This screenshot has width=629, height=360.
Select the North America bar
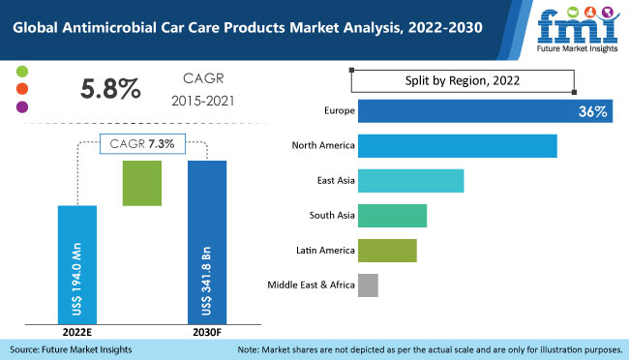coord(457,146)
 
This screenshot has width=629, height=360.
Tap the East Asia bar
coord(410,181)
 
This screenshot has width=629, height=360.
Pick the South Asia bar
coord(392,216)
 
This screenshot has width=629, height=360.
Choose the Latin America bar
coord(386,250)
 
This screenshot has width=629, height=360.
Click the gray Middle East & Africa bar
coord(368,285)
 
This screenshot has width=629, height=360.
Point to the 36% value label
coord(592,112)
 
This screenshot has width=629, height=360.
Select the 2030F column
coord(206,242)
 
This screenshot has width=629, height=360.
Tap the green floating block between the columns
coord(141,182)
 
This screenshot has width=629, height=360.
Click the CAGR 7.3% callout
coord(142,143)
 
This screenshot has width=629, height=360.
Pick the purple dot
coord(23,106)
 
